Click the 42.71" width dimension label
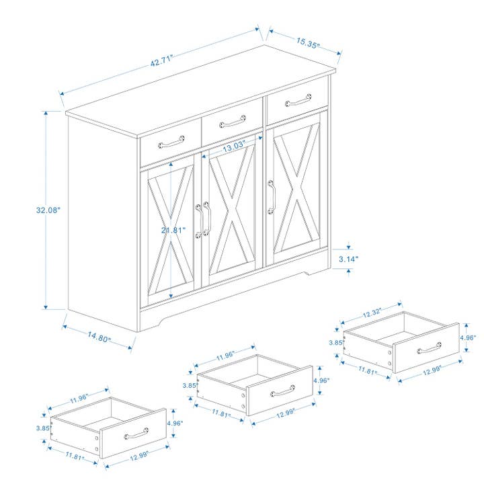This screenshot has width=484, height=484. coord(162,58)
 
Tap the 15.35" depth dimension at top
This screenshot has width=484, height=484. coord(308,42)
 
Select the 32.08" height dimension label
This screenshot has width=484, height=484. coord(48,210)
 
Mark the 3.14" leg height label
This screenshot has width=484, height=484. coord(348,258)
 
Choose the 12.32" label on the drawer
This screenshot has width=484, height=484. coord(371,312)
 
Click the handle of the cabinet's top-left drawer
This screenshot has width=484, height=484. coord(171,142)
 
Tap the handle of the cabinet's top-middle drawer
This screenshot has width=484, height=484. coord(233,122)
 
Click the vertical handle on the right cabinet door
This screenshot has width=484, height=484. coord(271,196)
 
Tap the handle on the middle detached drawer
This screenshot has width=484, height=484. coord(282,391)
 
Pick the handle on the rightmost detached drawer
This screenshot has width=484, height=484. coord(428,348)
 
